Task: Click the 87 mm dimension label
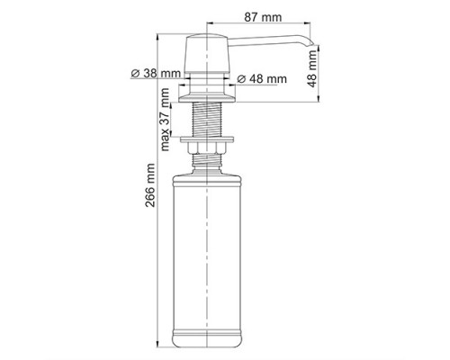coord(263,17)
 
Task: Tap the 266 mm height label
coord(150,185)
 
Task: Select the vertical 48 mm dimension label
coord(312,68)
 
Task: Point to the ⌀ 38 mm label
coord(156,73)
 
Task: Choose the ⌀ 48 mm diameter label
coord(262,79)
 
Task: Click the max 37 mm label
coord(165,120)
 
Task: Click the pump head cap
coord(207,54)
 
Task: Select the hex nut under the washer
coord(207,148)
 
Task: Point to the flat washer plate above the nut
coord(207,139)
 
